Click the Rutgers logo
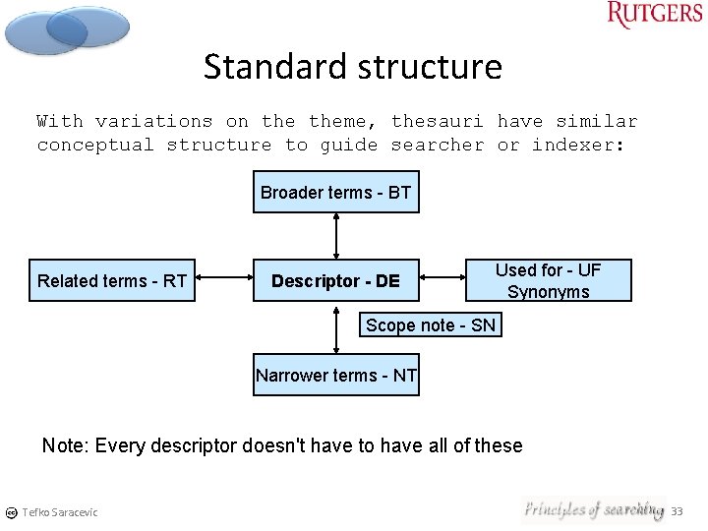(654, 15)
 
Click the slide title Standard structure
(353, 67)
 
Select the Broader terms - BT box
(335, 193)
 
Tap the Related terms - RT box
(112, 281)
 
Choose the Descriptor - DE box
(335, 281)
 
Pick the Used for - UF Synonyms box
(548, 281)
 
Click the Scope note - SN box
(431, 325)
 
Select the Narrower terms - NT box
(336, 375)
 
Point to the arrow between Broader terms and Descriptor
(336, 236)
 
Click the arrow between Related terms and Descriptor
(224, 281)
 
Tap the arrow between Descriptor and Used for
(442, 281)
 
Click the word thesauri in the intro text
(437, 122)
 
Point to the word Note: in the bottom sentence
(65, 445)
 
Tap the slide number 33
(677, 511)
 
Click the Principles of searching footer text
(592, 509)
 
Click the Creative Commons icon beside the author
(11, 512)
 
